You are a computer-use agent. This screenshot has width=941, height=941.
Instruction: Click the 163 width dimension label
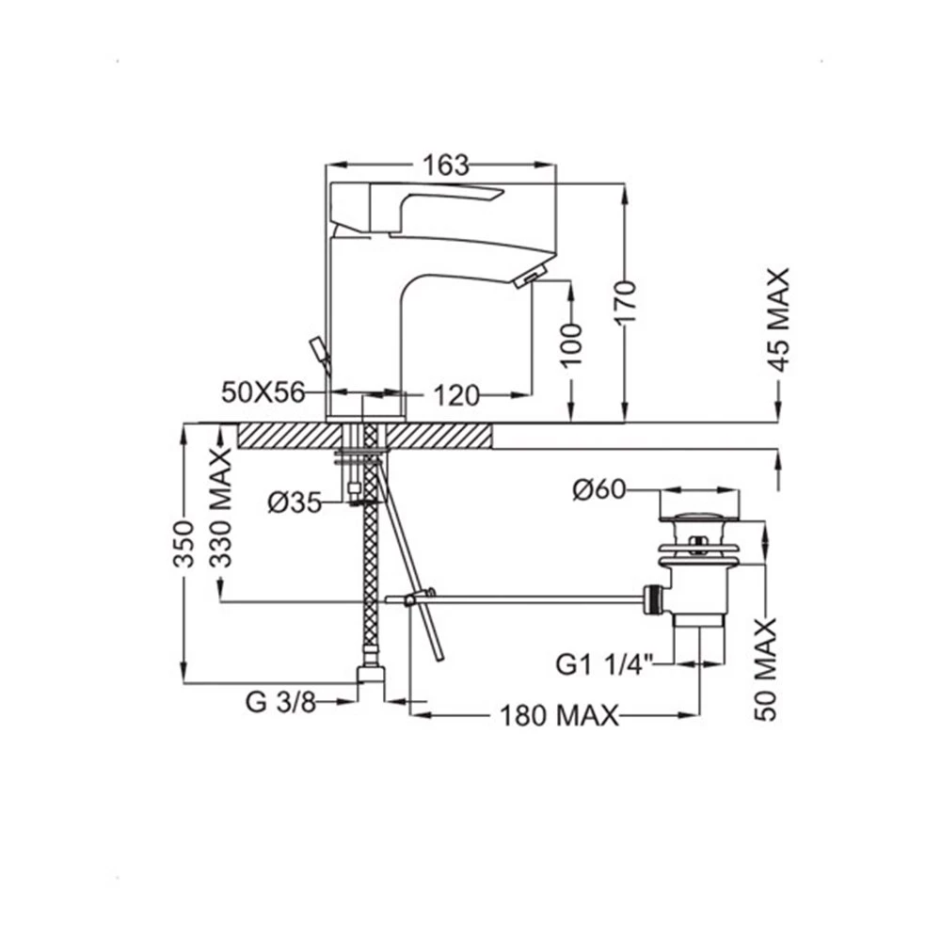coord(445,166)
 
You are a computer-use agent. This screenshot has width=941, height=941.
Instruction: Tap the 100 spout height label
coord(572,343)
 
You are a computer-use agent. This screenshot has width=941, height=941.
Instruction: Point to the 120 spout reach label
coord(456,395)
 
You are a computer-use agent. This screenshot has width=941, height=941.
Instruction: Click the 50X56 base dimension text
coord(263,392)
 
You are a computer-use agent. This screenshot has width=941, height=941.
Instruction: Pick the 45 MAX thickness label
coord(779,320)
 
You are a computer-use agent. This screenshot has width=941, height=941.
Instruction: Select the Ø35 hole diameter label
coord(295,502)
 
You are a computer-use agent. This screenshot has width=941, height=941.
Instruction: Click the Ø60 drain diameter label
coord(598,489)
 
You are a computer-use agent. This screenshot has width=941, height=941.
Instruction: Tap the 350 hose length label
coord(184,544)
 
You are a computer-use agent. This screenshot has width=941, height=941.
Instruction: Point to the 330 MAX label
coord(221,507)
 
